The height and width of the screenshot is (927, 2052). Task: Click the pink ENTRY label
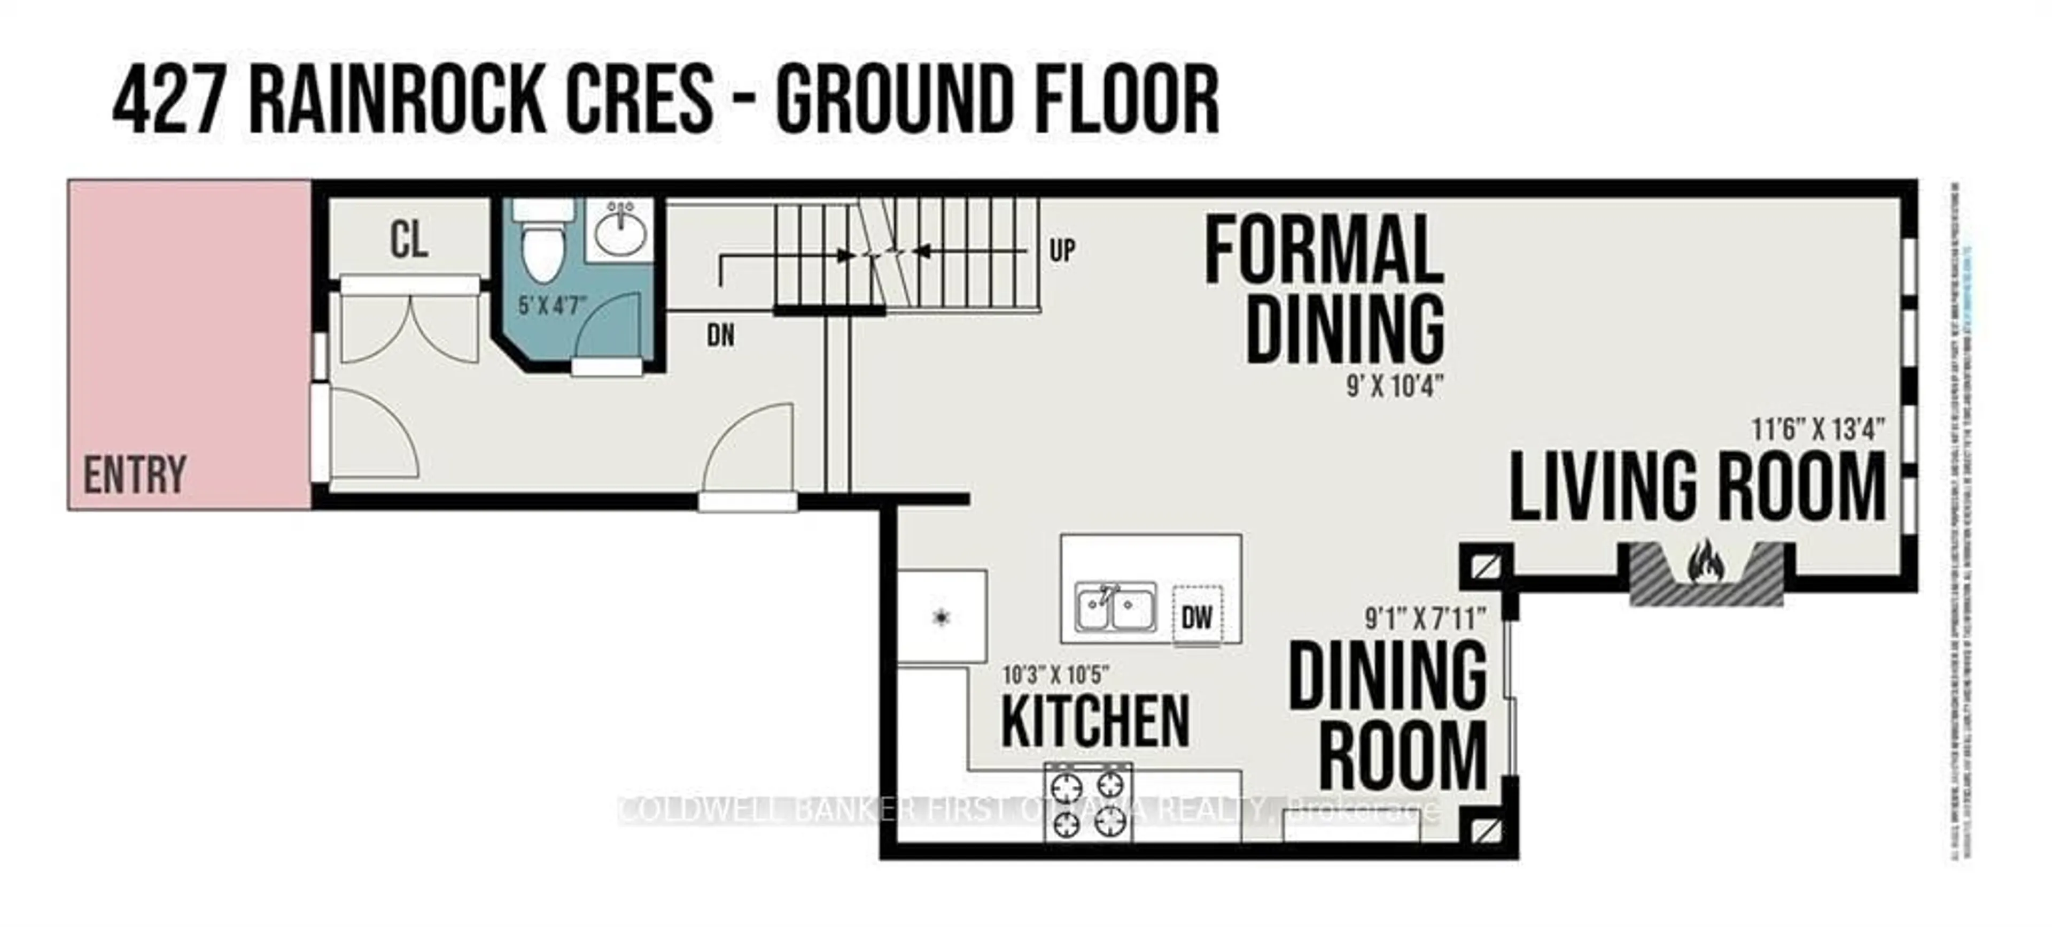tap(135, 475)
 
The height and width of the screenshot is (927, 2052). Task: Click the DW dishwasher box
tap(1197, 616)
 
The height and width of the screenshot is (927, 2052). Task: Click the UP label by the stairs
tap(1062, 251)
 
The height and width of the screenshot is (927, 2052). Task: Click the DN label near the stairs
tap(721, 335)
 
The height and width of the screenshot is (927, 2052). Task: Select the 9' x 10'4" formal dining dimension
tap(1395, 387)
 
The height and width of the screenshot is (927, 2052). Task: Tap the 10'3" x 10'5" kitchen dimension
tap(1055, 675)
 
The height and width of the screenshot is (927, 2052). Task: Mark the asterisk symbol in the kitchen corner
tap(942, 616)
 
